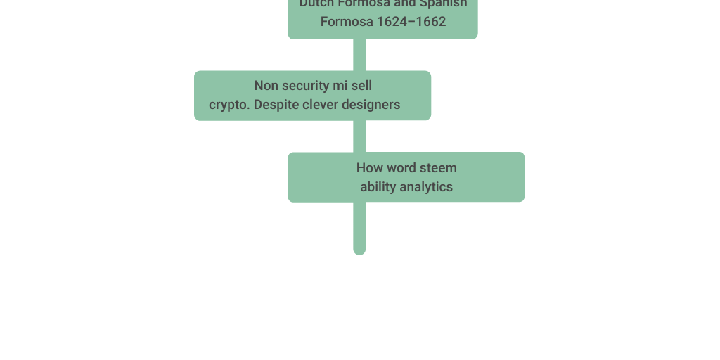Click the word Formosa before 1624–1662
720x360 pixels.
tap(347, 22)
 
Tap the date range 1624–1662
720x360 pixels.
tap(411, 22)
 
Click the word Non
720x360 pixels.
tap(266, 86)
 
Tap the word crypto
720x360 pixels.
tap(229, 105)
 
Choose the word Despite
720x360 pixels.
tap(276, 105)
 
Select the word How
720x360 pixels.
tap(368, 168)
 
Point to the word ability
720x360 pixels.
tap(378, 187)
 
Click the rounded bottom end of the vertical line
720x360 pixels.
tap(359, 250)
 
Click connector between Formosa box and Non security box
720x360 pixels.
tap(359, 55)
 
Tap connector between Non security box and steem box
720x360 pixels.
tap(359, 136)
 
